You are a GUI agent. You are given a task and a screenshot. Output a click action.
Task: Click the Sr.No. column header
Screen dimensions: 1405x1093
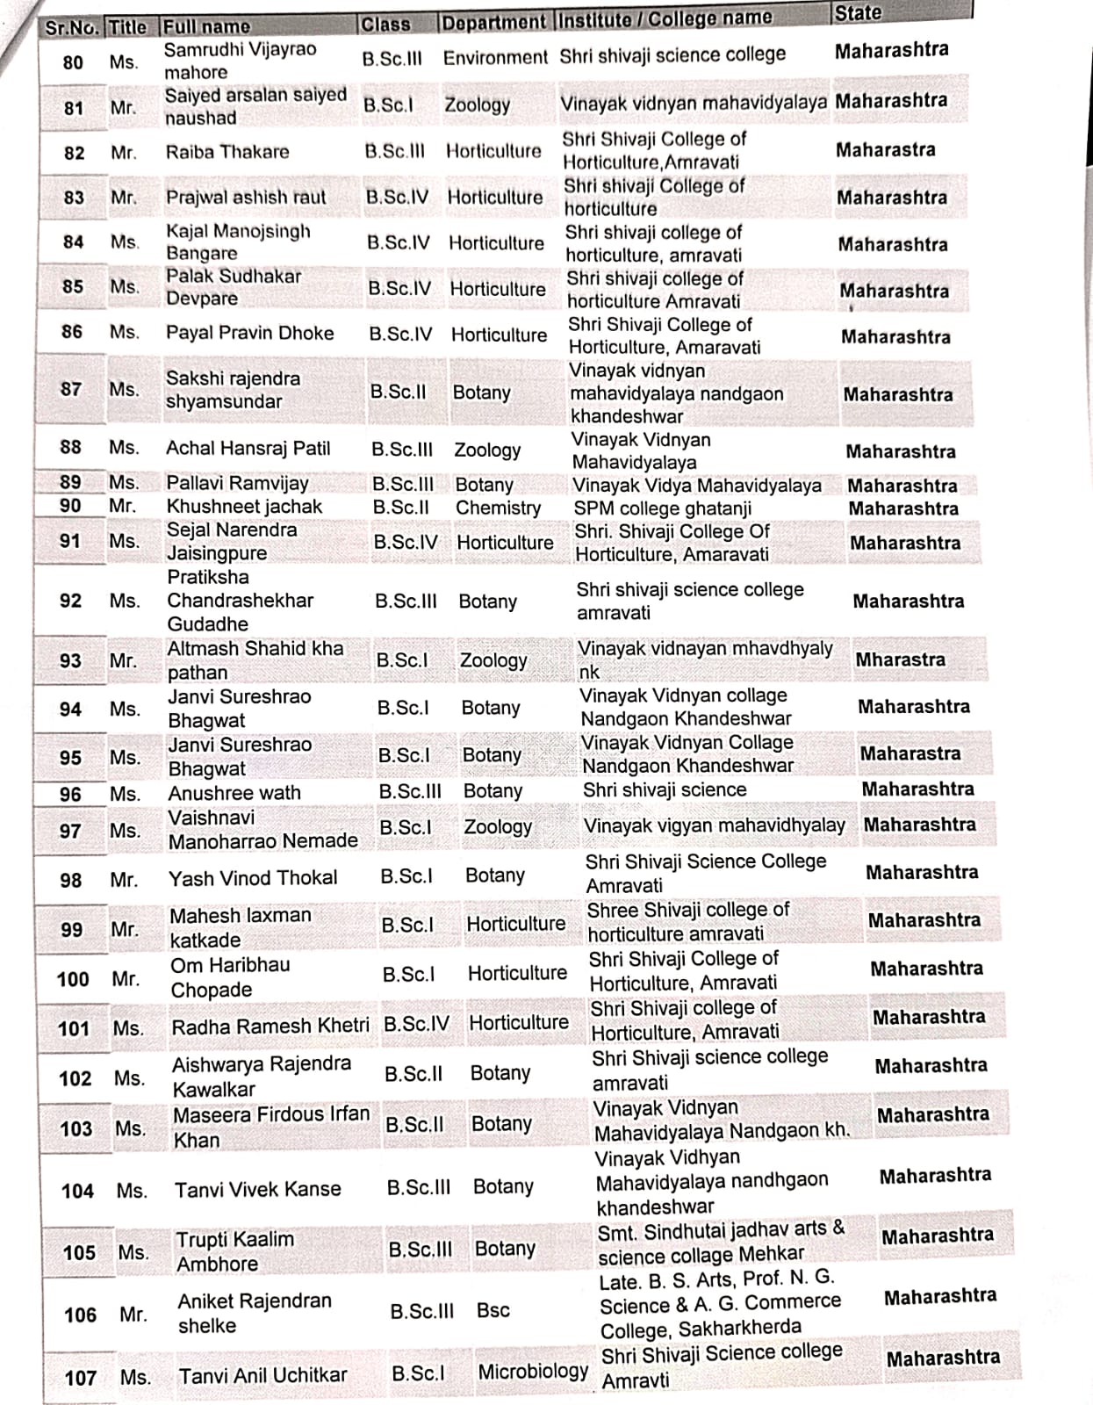pyautogui.click(x=71, y=28)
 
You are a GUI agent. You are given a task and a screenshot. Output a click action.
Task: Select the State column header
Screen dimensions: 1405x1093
pyautogui.click(x=858, y=13)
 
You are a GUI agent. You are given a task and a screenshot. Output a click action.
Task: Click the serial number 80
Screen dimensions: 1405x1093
pyautogui.click(x=73, y=62)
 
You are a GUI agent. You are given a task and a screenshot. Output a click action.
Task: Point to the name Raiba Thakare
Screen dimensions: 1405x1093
pyautogui.click(x=227, y=152)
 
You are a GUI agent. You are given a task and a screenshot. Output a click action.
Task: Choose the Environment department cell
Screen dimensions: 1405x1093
pyautogui.click(x=495, y=58)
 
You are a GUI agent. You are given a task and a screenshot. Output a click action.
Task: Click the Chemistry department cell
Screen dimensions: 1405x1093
pyautogui.click(x=498, y=508)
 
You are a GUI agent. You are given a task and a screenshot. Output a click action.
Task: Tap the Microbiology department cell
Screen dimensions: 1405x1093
pyautogui.click(x=533, y=1371)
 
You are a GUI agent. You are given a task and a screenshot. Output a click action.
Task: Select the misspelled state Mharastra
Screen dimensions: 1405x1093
pyautogui.click(x=900, y=659)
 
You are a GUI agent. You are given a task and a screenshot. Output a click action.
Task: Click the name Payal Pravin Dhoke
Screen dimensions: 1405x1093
pyautogui.click(x=249, y=333)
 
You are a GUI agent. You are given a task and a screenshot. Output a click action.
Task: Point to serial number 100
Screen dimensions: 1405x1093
pyautogui.click(x=73, y=979)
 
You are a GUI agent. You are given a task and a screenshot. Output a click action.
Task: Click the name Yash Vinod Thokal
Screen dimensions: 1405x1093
pyautogui.click(x=253, y=878)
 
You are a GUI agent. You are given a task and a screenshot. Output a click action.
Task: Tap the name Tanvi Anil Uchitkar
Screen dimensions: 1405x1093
pyautogui.click(x=262, y=1375)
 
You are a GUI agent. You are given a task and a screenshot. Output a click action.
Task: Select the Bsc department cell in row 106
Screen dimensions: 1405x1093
pyautogui.click(x=493, y=1310)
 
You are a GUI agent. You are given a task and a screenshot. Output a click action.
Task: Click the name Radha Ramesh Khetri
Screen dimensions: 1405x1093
pyautogui.click(x=270, y=1026)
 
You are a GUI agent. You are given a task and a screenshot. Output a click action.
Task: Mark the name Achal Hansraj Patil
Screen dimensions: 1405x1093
pyautogui.click(x=248, y=448)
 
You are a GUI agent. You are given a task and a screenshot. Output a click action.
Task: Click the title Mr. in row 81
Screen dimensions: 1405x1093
pyautogui.click(x=123, y=108)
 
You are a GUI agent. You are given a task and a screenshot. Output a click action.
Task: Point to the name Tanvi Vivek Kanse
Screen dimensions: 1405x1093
pyautogui.click(x=257, y=1189)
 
